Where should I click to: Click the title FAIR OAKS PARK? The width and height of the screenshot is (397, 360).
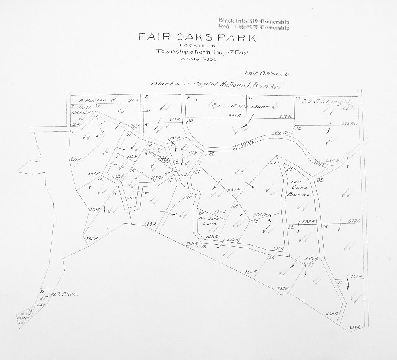pyautogui.click(x=197, y=38)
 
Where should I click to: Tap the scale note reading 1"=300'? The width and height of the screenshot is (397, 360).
pyautogui.click(x=197, y=59)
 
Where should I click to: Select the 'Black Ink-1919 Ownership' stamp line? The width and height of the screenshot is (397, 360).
pyautogui.click(x=254, y=21)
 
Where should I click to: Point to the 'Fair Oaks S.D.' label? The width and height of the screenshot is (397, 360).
pyautogui.click(x=262, y=73)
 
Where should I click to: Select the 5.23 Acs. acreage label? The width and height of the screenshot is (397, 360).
pyautogui.click(x=350, y=124)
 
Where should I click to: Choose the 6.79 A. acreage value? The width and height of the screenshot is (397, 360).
pyautogui.click(x=354, y=221)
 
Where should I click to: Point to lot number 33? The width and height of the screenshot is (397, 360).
pyautogui.click(x=297, y=98)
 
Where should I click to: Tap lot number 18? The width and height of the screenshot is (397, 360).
pyautogui.click(x=189, y=197)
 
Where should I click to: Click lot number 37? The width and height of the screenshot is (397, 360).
pyautogui.click(x=340, y=282)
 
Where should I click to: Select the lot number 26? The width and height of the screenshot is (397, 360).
pyautogui.click(x=272, y=258)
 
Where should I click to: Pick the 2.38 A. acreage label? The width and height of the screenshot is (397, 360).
pyautogui.click(x=282, y=289)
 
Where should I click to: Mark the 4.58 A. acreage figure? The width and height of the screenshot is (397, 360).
pyautogui.click(x=331, y=314)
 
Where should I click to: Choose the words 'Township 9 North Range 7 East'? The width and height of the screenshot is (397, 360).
pyautogui.click(x=202, y=51)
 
